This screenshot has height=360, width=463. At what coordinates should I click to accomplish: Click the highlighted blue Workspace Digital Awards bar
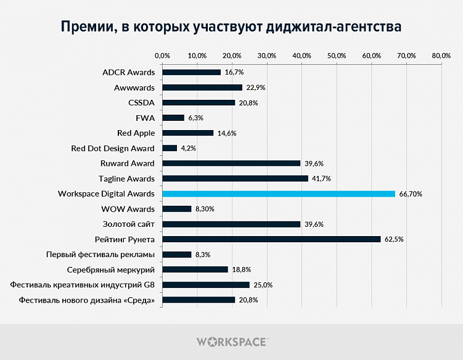[279, 194]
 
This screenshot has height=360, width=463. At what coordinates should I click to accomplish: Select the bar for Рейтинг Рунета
[271, 239]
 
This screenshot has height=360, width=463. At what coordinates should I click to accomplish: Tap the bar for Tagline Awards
[235, 179]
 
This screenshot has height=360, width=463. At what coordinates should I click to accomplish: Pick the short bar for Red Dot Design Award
[170, 148]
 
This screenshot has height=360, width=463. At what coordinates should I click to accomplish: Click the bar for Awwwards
[202, 88]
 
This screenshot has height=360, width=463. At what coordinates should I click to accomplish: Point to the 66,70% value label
[411, 194]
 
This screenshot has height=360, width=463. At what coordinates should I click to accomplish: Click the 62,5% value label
[393, 240]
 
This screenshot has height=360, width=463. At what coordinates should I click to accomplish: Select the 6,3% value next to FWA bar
[195, 118]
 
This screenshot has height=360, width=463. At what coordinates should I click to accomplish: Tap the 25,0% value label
[263, 285]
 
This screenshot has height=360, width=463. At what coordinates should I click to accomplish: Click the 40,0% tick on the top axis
[302, 56]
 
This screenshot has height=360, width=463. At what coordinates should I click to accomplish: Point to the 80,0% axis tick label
[441, 56]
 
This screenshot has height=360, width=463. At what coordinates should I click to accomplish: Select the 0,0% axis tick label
[162, 56]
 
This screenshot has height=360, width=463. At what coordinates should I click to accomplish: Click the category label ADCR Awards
[128, 73]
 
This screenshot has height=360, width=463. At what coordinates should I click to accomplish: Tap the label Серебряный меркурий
[110, 269]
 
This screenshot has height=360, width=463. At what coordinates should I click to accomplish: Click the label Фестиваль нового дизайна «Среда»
[87, 300]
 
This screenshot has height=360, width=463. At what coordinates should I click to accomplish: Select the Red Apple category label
[136, 133]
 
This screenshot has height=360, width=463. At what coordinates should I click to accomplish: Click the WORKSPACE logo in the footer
[231, 341]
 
